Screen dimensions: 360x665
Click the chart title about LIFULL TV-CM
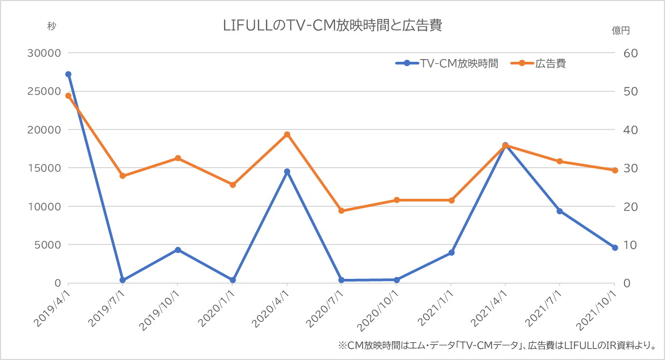(332, 25)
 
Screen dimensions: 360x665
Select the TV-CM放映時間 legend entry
(446, 63)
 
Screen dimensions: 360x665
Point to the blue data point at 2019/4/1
(68, 74)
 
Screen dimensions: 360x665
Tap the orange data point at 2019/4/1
(68, 96)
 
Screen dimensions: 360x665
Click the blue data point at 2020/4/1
(287, 171)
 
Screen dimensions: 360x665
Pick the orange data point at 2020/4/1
(287, 134)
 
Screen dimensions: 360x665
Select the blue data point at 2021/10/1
(615, 248)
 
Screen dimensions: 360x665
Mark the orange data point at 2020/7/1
(341, 211)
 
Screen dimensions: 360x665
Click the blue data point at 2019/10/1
(177, 250)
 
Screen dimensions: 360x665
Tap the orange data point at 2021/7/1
(560, 161)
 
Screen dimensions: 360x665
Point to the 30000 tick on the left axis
(46, 53)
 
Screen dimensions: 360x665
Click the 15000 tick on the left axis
(46, 168)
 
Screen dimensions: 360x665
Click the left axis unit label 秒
(52, 26)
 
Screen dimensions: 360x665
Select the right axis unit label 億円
(621, 30)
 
